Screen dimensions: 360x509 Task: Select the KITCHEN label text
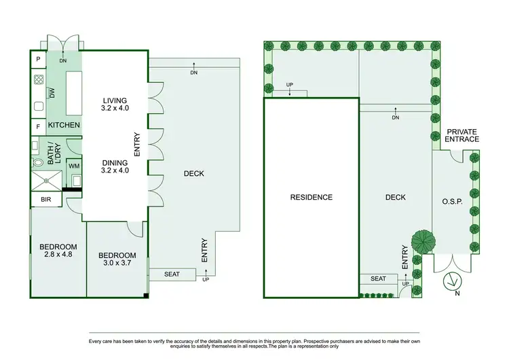(64, 126)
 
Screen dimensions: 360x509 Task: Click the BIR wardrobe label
(46, 200)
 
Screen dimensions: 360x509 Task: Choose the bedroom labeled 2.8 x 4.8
(58, 250)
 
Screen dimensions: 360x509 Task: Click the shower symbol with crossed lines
(46, 181)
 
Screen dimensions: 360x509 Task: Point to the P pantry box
(38, 60)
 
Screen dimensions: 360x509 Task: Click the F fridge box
(38, 126)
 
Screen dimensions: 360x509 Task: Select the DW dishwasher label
(52, 93)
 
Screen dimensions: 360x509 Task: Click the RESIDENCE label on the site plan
(312, 198)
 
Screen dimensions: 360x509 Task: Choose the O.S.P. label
(451, 202)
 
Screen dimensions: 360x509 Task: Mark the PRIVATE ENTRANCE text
(461, 134)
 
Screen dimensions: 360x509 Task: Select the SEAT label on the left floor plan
(172, 275)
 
